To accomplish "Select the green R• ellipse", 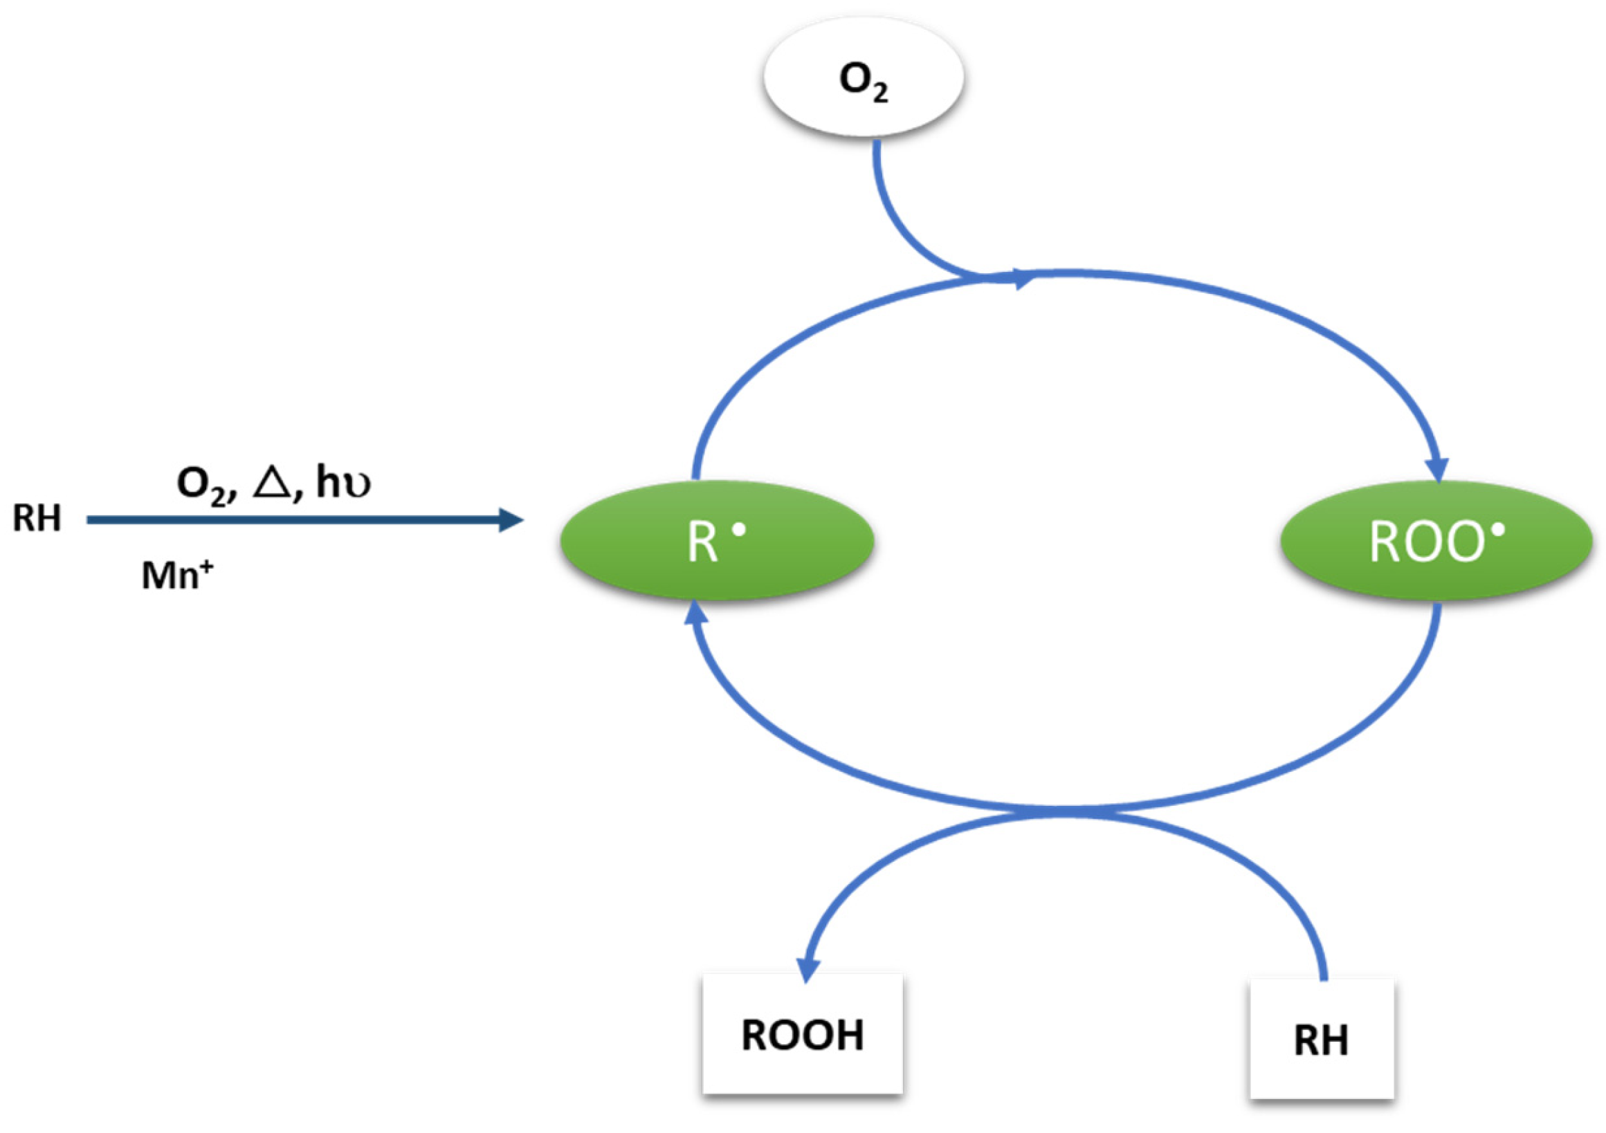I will tap(717, 540).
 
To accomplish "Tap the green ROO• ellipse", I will tap(1436, 540).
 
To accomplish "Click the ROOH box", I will tap(802, 1033).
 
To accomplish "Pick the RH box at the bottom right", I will tap(1322, 1040).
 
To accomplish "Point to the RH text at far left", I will tap(37, 519).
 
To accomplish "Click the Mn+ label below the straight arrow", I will tap(176, 576).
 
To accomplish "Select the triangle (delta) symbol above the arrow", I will tap(271, 483).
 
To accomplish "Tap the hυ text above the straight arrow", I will tap(343, 483).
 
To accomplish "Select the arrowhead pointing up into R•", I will tap(695, 614).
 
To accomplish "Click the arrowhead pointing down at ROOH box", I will tap(808, 969).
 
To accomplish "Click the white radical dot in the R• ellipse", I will tap(738, 531).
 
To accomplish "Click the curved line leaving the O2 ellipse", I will tap(895, 217).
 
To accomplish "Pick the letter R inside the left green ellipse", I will tap(702, 543).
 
